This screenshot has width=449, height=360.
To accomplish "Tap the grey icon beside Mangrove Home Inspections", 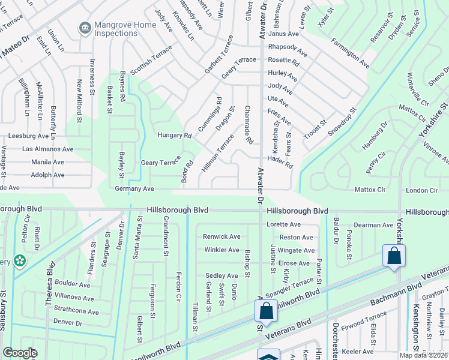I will [x=85, y=28].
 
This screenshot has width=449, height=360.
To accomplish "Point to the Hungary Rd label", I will [x=174, y=136].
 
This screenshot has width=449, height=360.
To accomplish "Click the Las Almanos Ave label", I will [x=47, y=149].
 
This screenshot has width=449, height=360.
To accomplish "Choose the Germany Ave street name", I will [x=134, y=188].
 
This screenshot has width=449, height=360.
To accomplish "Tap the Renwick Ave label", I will [x=221, y=236].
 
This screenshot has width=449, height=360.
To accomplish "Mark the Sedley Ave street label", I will [x=221, y=275].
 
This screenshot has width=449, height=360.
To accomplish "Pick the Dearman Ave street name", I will [x=373, y=225].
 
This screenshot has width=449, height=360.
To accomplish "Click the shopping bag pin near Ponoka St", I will [x=393, y=256].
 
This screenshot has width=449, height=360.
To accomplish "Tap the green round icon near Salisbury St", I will [x=20, y=260].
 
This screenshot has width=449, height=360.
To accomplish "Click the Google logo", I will [x=20, y=353].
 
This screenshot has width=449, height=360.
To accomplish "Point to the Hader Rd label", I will [x=280, y=161].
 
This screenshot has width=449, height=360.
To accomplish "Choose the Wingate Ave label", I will [x=297, y=251].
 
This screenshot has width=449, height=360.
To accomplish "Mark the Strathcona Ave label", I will [x=76, y=312].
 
